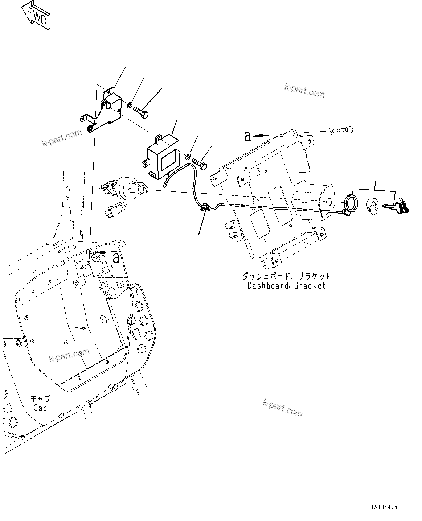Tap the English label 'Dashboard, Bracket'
[x=286, y=285]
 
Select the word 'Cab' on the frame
[x=40, y=408]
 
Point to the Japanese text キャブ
[x=40, y=398]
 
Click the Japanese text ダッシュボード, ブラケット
[x=286, y=276]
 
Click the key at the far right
[x=399, y=208]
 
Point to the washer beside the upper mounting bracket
[x=130, y=105]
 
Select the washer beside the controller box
[x=188, y=157]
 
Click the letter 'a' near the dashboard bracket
[x=248, y=136]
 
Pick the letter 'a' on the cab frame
[x=116, y=257]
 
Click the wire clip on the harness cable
[x=205, y=207]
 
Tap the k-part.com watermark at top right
[x=304, y=91]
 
